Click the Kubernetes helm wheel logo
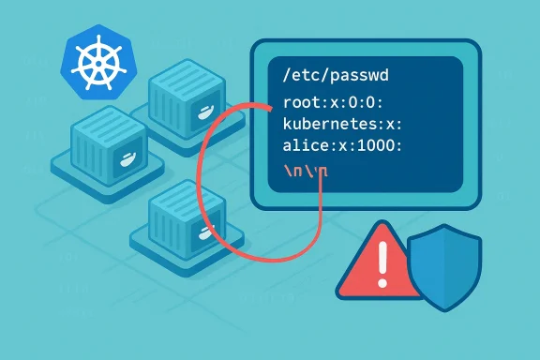tap(94, 60)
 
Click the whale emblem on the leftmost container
tap(123, 161)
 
